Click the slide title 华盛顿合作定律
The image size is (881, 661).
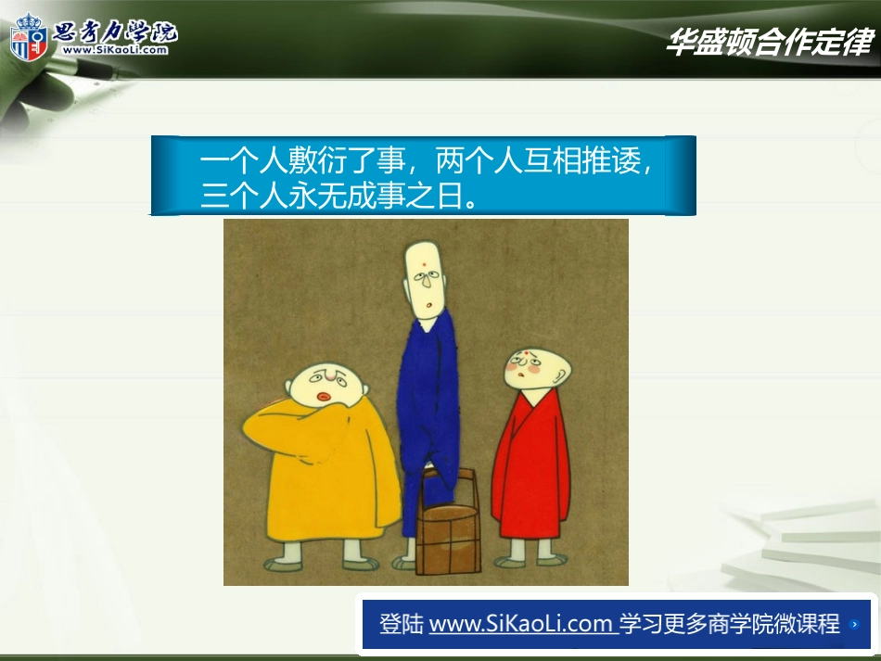769,43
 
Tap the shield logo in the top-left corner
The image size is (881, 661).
28,38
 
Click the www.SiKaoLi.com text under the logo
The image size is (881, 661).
116,50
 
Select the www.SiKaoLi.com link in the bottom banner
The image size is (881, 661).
521,623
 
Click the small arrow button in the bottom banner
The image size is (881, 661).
854,625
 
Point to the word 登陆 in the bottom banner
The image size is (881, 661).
402,623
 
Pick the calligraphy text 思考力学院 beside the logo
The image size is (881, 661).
116,31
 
